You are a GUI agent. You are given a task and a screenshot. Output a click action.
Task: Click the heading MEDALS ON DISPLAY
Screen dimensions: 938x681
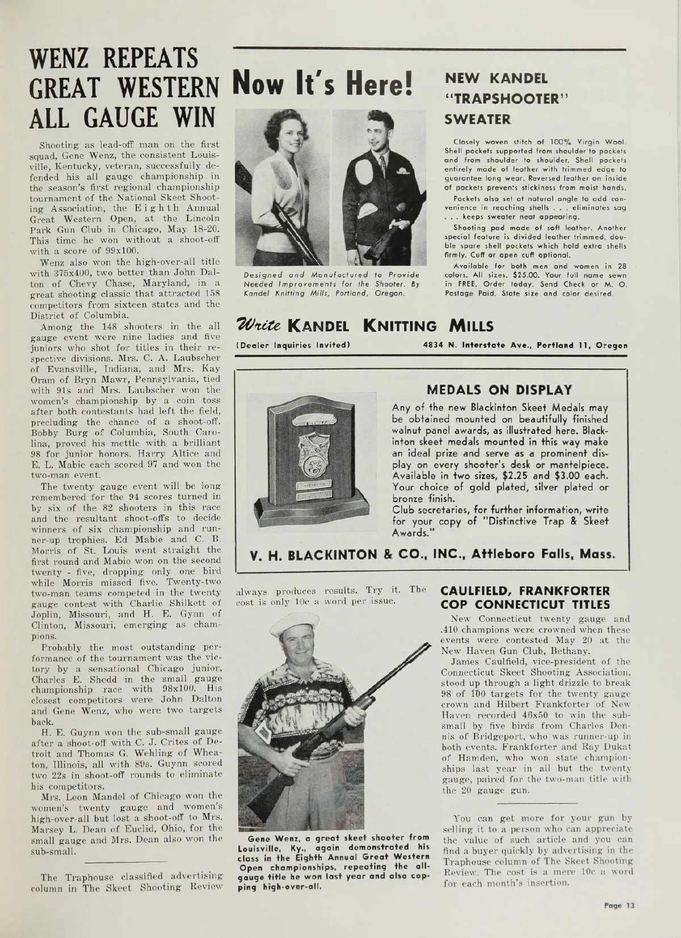499,390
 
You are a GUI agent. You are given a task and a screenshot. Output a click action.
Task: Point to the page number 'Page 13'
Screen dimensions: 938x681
619,906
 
